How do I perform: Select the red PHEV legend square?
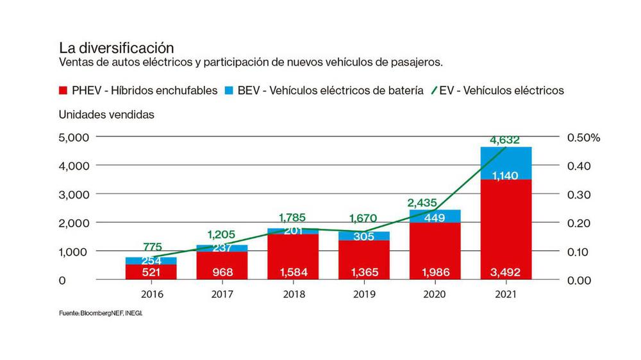point(63,90)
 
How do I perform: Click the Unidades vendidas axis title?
point(106,115)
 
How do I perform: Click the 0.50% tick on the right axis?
point(583,137)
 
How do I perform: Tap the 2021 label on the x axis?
point(506,295)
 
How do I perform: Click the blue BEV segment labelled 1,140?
point(506,175)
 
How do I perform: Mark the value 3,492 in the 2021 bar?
point(506,272)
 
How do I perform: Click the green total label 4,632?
point(504,140)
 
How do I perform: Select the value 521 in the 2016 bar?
point(151,272)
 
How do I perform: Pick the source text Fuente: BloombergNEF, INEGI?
point(106,314)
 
